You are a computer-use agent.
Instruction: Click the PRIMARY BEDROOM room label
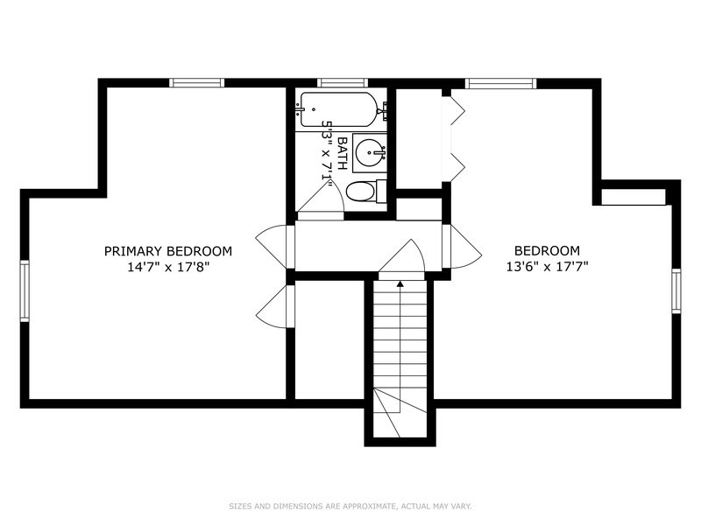tap(168, 250)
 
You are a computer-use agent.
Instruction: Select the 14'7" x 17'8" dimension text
tap(168, 267)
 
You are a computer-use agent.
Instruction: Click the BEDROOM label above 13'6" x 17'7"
tap(547, 250)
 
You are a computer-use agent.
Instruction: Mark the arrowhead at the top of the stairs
tap(400, 283)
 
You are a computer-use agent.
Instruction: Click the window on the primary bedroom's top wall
tap(197, 83)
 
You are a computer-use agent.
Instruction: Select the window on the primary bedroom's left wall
tap(25, 291)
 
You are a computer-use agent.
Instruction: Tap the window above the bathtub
tap(342, 83)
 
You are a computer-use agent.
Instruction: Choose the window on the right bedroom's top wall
tap(500, 83)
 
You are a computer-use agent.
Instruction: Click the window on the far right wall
tap(676, 291)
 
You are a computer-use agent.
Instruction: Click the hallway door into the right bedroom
tap(461, 247)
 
